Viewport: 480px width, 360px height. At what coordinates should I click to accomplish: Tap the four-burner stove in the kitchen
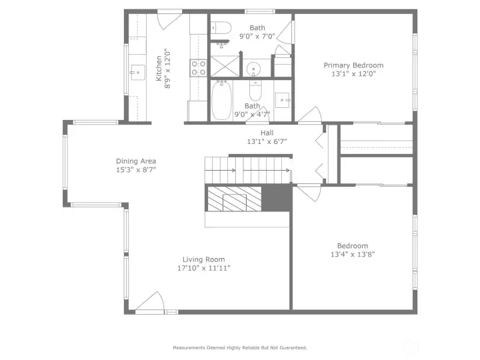[199, 67]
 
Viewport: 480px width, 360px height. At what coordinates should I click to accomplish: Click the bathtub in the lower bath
[221, 101]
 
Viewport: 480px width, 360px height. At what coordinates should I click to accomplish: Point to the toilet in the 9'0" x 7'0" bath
[221, 28]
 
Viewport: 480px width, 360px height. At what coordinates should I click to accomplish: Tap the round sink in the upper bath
[254, 69]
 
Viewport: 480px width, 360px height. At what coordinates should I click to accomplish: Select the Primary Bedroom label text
[353, 65]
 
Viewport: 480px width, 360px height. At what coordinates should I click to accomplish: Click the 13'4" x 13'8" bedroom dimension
[352, 254]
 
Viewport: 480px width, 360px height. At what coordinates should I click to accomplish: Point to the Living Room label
[204, 259]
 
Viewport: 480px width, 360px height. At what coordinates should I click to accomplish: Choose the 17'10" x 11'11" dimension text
[204, 268]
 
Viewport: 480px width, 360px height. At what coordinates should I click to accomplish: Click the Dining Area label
[136, 161]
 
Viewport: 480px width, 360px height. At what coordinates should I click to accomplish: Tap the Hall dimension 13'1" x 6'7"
[265, 141]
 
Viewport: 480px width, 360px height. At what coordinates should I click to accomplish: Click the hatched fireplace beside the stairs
[233, 199]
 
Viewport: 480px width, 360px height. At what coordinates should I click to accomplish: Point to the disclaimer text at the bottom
[240, 347]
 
